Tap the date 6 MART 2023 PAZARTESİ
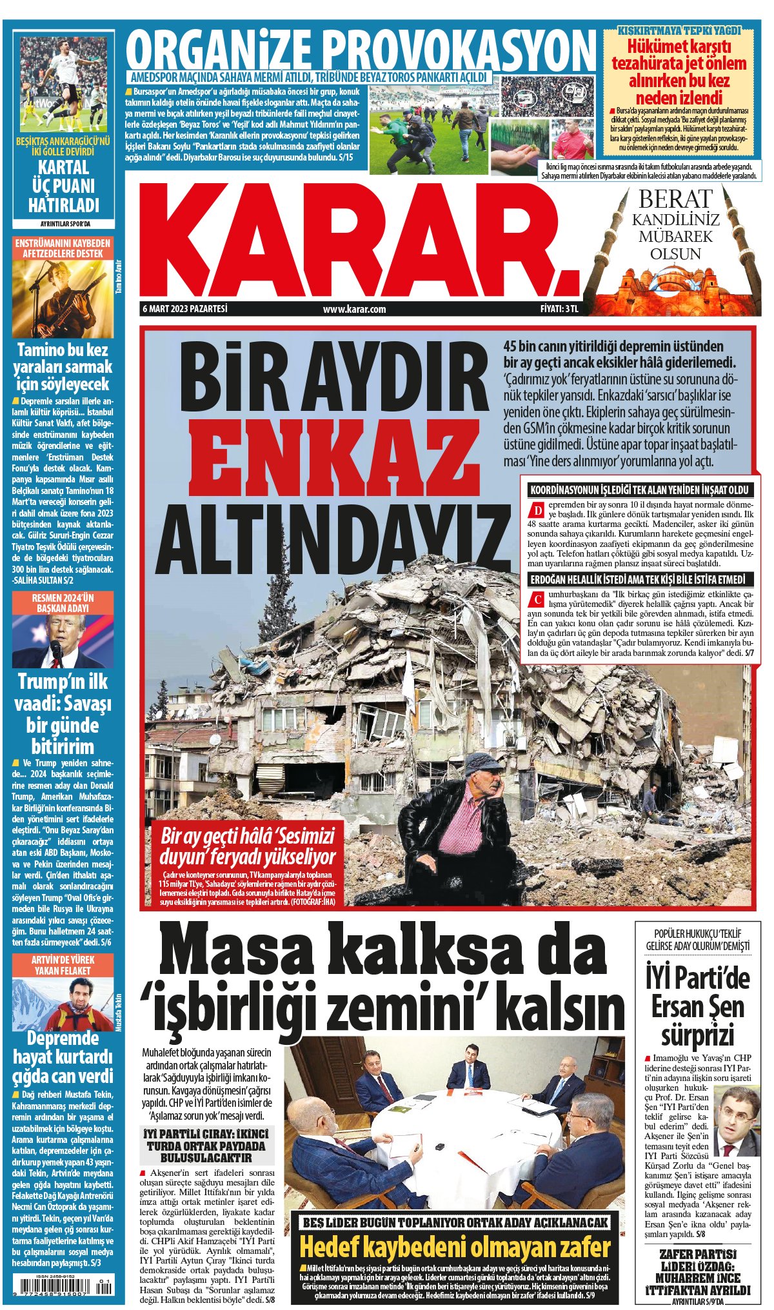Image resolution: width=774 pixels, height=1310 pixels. (x=185, y=309)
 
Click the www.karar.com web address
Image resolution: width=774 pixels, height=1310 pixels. (x=354, y=309)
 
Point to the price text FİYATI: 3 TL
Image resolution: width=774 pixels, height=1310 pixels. (x=559, y=309)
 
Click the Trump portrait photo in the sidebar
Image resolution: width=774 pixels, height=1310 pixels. (x=63, y=641)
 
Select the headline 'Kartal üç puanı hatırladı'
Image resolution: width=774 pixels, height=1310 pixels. (x=63, y=186)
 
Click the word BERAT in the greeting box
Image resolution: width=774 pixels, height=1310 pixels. (x=675, y=199)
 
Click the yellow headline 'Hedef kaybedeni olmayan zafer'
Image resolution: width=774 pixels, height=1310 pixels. (x=455, y=1247)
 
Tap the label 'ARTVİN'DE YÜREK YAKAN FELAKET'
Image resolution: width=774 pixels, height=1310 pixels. (x=63, y=965)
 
